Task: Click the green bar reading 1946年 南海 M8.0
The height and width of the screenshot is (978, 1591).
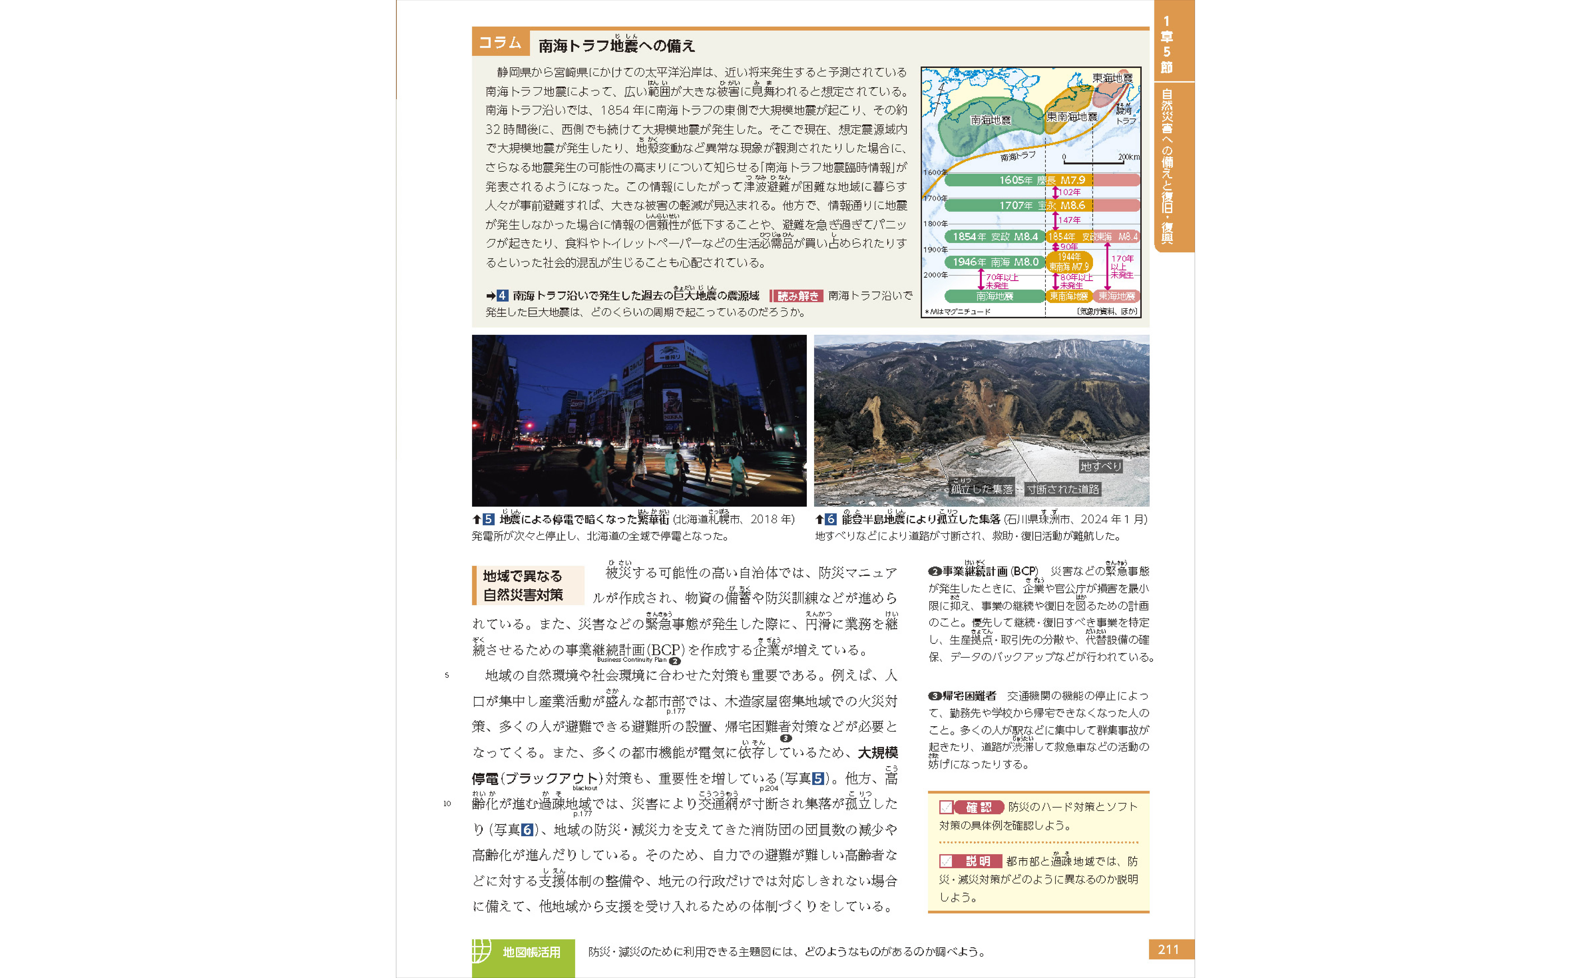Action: [995, 262]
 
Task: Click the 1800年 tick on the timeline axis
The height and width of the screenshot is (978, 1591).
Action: [935, 224]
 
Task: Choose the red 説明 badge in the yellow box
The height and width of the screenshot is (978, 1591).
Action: [977, 862]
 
